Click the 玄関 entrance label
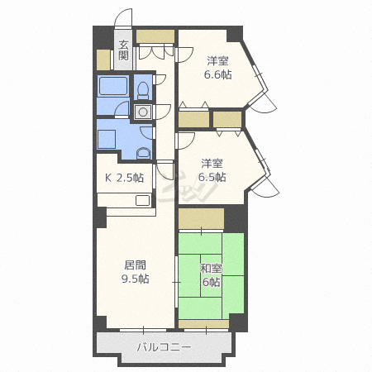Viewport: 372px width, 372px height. pyautogui.click(x=123, y=50)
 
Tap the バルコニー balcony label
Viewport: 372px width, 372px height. pyautogui.click(x=164, y=347)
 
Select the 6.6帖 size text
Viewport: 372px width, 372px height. pyautogui.click(x=217, y=74)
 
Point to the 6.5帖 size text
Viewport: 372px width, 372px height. pyautogui.click(x=212, y=177)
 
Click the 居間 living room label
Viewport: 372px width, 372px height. pyautogui.click(x=136, y=265)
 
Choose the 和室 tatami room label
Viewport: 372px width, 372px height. pyautogui.click(x=211, y=269)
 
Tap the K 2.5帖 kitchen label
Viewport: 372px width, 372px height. pyautogui.click(x=125, y=178)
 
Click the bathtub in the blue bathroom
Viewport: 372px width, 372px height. pyautogui.click(x=113, y=86)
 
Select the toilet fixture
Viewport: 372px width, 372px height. pyautogui.click(x=143, y=90)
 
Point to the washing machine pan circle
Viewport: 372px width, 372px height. pyautogui.click(x=143, y=112)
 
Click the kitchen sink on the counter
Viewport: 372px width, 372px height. pyautogui.click(x=143, y=200)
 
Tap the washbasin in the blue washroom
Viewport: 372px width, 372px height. pyautogui.click(x=144, y=153)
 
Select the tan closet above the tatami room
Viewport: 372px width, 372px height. pyautogui.click(x=201, y=218)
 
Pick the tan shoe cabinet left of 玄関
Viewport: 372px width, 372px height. pyautogui.click(x=103, y=60)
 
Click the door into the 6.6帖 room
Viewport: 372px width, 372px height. pyautogui.click(x=185, y=55)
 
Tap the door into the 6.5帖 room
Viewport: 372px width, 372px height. pyautogui.click(x=186, y=141)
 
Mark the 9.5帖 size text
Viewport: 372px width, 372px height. pyautogui.click(x=136, y=279)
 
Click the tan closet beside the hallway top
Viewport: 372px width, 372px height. pyautogui.click(x=155, y=36)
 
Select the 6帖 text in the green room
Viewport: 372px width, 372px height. pyautogui.click(x=211, y=282)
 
